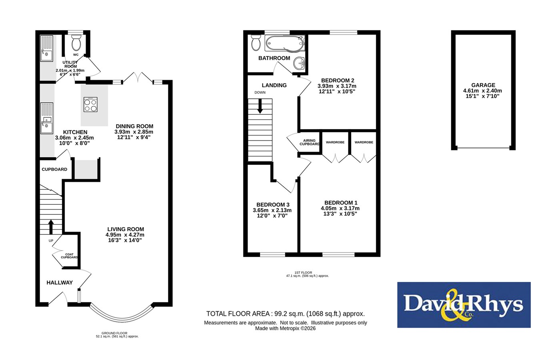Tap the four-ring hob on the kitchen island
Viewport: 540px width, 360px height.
click(x=91, y=104)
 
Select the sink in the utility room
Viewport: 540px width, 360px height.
click(x=46, y=48)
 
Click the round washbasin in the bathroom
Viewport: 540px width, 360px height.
click(x=299, y=64)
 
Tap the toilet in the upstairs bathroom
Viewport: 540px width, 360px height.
click(x=256, y=43)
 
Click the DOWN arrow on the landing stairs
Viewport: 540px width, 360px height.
click(x=260, y=106)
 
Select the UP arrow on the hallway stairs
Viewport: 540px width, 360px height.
click(x=51, y=227)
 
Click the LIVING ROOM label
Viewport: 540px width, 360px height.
click(x=126, y=229)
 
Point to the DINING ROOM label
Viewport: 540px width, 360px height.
click(x=134, y=126)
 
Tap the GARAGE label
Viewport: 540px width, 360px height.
click(x=483, y=85)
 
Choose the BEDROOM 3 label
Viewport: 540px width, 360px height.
click(x=273, y=205)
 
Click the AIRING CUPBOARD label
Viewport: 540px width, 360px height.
click(x=310, y=142)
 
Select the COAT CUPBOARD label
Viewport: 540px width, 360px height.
click(x=70, y=256)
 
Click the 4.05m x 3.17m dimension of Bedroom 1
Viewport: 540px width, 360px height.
click(x=340, y=208)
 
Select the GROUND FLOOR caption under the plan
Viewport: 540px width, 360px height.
click(x=114, y=333)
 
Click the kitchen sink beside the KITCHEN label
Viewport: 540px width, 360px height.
click(x=47, y=118)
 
